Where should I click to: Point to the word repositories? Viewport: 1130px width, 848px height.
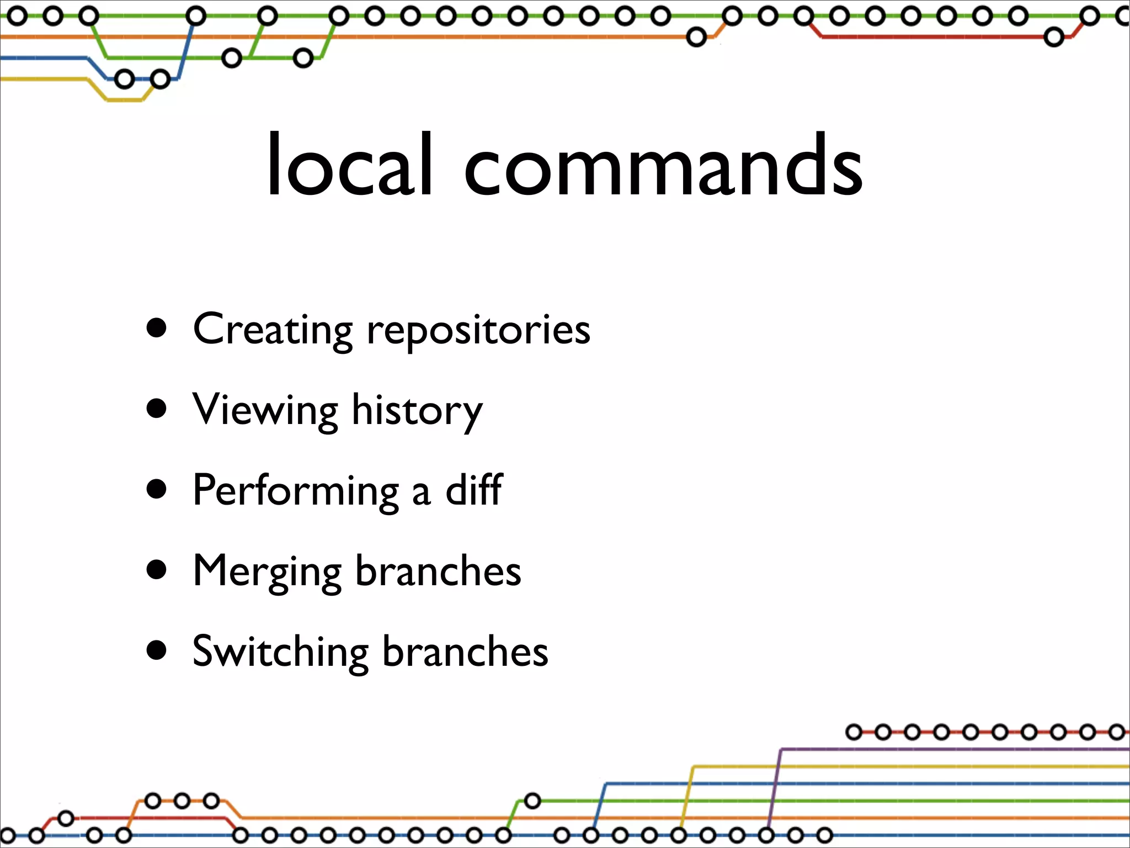(x=478, y=331)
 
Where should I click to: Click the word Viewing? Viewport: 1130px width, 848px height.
(x=265, y=411)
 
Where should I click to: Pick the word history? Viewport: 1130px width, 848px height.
(x=417, y=412)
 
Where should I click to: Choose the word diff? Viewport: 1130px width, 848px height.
(x=474, y=490)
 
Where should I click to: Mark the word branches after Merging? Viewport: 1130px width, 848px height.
(x=438, y=571)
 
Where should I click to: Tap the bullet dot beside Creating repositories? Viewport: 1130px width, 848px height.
(x=157, y=328)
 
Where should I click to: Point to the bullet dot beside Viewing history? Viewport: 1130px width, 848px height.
(x=157, y=409)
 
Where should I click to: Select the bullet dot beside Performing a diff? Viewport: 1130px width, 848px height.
(x=157, y=490)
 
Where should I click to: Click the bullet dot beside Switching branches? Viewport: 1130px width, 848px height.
(x=157, y=650)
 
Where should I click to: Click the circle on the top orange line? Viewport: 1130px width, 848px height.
(x=696, y=38)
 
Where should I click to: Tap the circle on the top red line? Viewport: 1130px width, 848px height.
(x=1054, y=38)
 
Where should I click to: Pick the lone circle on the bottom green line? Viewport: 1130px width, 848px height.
(x=532, y=801)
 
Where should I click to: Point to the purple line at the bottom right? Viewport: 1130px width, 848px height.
(x=938, y=749)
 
